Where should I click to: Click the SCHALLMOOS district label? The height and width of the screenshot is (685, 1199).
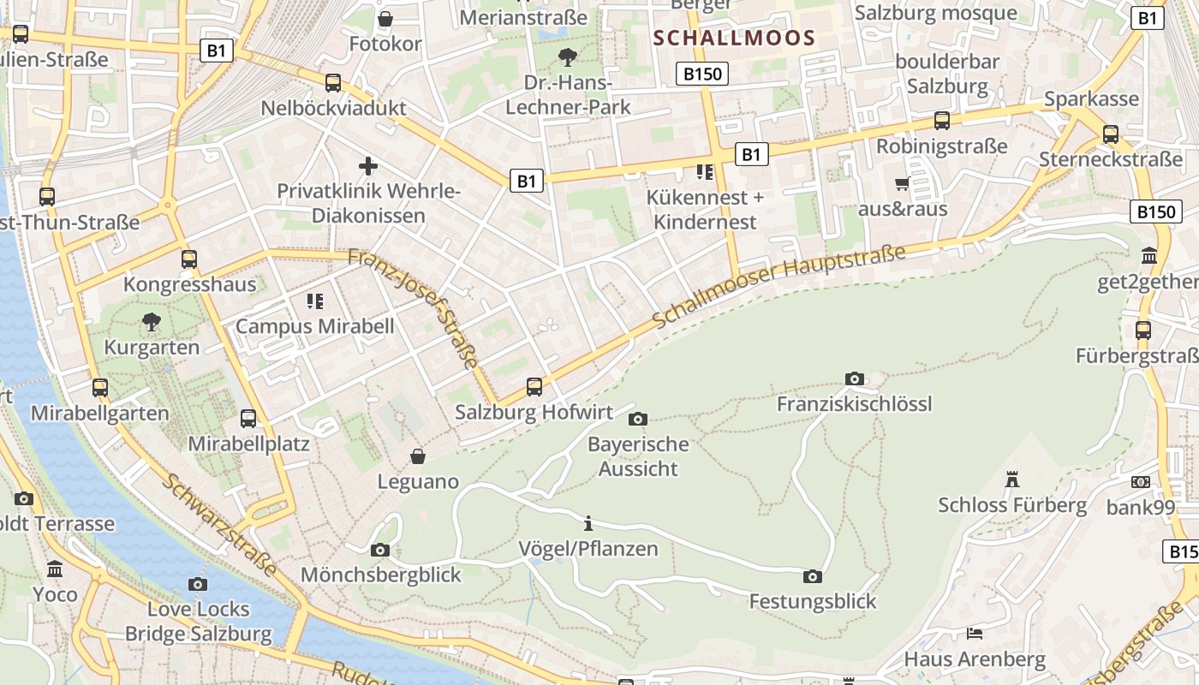[734, 38]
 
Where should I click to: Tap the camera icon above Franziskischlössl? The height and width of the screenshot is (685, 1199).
[854, 378]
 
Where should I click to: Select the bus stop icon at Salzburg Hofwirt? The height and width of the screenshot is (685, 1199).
[534, 387]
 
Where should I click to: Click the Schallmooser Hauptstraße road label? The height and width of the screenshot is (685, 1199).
[778, 286]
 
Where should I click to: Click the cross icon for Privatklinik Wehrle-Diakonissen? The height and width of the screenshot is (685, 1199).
[368, 165]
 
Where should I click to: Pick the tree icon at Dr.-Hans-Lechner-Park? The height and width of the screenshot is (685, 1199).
[566, 57]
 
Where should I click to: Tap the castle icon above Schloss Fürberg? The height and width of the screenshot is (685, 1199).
[1012, 479]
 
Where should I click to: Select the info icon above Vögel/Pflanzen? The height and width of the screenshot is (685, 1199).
[588, 523]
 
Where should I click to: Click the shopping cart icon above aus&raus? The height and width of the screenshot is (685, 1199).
[902, 183]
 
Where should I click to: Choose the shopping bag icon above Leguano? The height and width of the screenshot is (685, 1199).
[417, 456]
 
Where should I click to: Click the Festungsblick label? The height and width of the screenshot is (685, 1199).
[813, 602]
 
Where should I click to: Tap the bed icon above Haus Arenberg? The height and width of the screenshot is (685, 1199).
[975, 634]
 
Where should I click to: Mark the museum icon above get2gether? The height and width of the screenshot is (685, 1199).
[1148, 255]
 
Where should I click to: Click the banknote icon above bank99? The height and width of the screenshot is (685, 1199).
[1140, 482]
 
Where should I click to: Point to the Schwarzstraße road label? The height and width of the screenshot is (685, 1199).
[220, 524]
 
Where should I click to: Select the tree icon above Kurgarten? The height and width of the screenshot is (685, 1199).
[152, 322]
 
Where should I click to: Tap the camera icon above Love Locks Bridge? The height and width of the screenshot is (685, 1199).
[198, 584]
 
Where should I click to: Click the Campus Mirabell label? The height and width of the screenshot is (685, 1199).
[315, 326]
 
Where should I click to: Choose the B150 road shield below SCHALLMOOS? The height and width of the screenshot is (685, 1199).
[702, 74]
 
